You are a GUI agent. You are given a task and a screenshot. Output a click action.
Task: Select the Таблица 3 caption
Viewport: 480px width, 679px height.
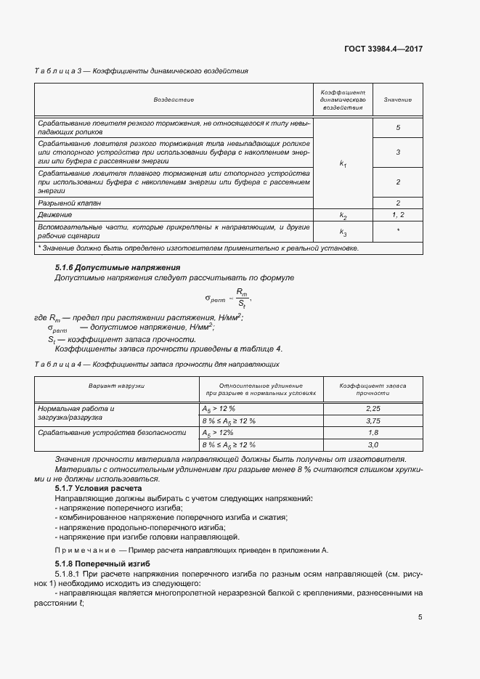point(142,71)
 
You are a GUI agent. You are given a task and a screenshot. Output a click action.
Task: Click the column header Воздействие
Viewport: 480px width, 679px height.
point(174,99)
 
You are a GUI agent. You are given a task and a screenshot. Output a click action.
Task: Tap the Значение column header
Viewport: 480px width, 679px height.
point(397,99)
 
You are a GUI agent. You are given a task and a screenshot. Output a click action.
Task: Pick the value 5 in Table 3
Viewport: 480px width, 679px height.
point(398,128)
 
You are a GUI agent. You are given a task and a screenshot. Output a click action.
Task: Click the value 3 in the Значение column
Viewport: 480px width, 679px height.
point(398,153)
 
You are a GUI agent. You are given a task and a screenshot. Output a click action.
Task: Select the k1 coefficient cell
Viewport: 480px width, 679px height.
point(343,164)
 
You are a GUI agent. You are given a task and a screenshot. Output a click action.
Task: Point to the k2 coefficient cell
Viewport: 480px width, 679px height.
point(343,216)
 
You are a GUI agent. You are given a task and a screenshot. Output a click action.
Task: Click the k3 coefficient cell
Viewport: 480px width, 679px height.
point(343,232)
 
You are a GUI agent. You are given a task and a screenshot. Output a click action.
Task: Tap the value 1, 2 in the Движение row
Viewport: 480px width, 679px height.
point(398,216)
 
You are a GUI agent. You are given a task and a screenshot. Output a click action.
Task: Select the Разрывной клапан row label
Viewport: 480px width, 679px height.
point(70,203)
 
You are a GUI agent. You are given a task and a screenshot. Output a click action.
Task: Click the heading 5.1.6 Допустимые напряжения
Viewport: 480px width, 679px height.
point(118,268)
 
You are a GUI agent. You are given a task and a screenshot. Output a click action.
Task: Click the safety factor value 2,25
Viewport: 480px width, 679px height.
point(374,410)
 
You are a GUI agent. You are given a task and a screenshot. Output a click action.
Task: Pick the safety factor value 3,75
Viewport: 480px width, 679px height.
point(374,420)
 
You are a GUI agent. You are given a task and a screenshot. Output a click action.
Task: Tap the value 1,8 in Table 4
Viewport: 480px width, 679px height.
point(374,432)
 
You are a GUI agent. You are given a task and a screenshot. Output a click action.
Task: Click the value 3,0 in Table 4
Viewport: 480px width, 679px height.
point(374,444)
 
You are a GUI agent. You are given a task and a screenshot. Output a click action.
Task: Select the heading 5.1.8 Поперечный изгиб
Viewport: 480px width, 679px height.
point(102,564)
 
